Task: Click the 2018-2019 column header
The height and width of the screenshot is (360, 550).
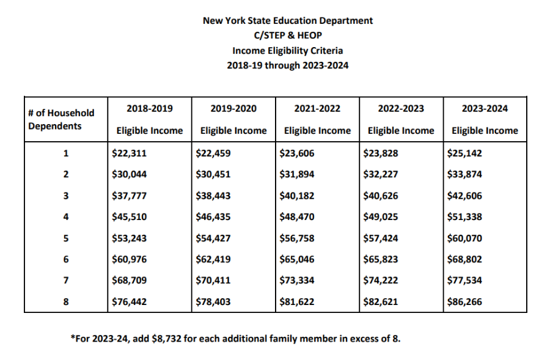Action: pos(149,109)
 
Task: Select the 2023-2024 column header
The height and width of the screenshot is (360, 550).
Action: pos(485,109)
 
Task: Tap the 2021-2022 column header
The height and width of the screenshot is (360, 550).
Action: pos(317,109)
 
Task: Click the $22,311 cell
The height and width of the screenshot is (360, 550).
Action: pos(130,153)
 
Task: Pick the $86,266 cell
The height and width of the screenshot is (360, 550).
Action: pos(465,301)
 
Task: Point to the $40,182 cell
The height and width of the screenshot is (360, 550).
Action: pos(297,196)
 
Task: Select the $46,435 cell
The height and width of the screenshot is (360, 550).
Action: pos(213,216)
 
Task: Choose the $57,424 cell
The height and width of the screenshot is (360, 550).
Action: pos(381,238)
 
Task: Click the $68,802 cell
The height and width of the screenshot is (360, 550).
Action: pos(465,259)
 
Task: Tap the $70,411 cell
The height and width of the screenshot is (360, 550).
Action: pos(213,280)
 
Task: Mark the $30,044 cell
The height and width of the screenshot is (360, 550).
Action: pos(130,174)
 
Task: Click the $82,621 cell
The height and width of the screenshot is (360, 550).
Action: pos(381,301)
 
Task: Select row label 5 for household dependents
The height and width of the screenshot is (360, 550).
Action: pos(65,238)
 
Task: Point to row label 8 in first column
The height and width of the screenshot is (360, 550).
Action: pos(65,301)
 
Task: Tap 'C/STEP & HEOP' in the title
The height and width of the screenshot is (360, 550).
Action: pos(287,35)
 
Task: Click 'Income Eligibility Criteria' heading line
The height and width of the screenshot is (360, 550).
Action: pos(287,51)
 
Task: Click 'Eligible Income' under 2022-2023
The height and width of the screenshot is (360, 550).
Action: pos(401,130)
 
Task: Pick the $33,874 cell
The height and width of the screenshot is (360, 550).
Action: pos(465,174)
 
